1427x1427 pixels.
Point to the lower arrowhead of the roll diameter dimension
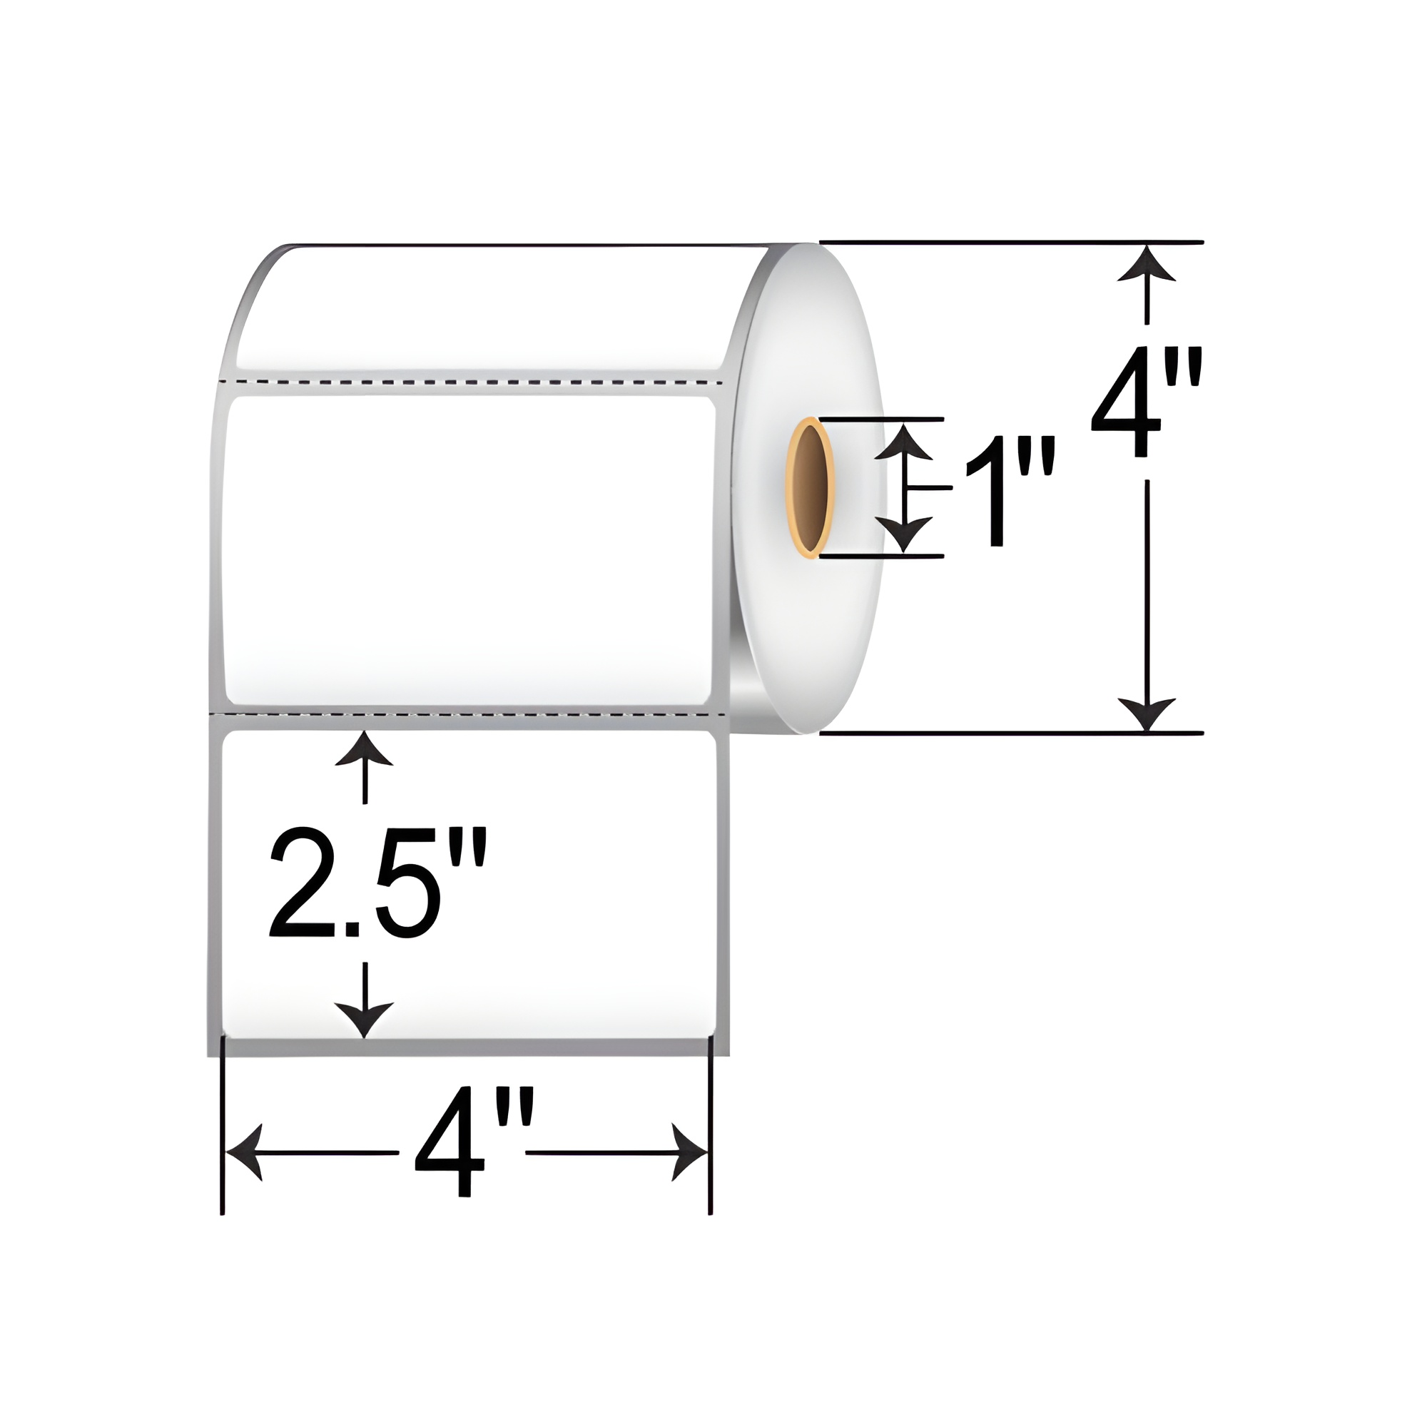[x=1146, y=714]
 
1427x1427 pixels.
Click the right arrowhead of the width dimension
[x=690, y=1152]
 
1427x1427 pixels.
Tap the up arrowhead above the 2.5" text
[x=363, y=750]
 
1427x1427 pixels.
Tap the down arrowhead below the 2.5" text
[x=363, y=1020]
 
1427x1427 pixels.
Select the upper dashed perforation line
[x=473, y=382]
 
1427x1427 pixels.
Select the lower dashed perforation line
[x=473, y=714]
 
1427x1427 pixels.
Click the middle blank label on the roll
[x=469, y=550]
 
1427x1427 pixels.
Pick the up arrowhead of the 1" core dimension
[x=907, y=441]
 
